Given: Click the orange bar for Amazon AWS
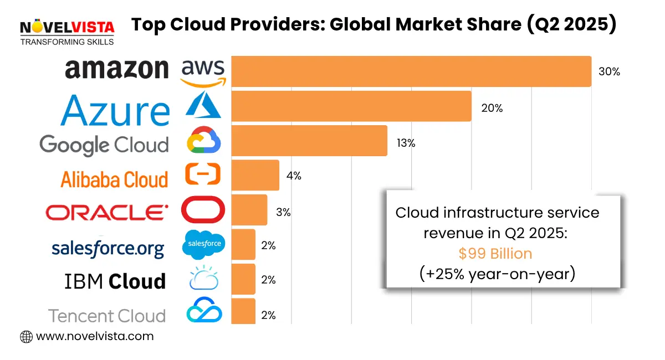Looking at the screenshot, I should pyautogui.click(x=411, y=71).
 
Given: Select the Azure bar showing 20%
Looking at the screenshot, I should pyautogui.click(x=351, y=106).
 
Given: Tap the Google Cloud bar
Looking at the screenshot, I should pyautogui.click(x=309, y=141).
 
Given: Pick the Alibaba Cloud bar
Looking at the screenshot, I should pyautogui.click(x=255, y=175).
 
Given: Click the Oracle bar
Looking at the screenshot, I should pyautogui.click(x=249, y=210).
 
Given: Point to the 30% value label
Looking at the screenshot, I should pyautogui.click(x=609, y=72).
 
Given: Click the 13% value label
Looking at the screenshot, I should pyautogui.click(x=405, y=143).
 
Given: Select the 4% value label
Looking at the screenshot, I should pyautogui.click(x=294, y=176).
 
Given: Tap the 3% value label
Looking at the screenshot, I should pyautogui.click(x=283, y=212).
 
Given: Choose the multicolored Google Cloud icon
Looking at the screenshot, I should pyautogui.click(x=203, y=140).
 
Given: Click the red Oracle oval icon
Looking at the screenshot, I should pyautogui.click(x=203, y=210).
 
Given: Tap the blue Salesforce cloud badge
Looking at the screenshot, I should pyautogui.click(x=204, y=244).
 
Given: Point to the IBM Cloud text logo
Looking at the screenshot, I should pyautogui.click(x=115, y=281).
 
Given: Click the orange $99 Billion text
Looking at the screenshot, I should pyautogui.click(x=495, y=254).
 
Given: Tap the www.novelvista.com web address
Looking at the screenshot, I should pyautogui.click(x=94, y=336).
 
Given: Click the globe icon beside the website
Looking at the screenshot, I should pyautogui.click(x=26, y=336).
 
